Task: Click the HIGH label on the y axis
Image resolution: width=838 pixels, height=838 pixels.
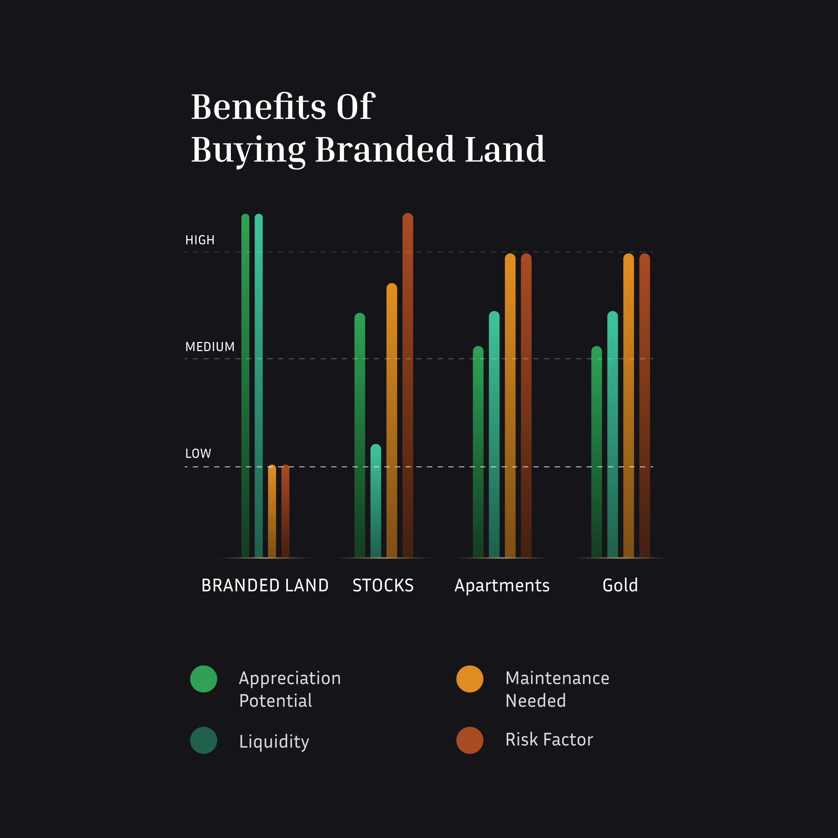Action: tap(199, 240)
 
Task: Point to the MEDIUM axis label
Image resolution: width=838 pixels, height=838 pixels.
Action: tap(210, 347)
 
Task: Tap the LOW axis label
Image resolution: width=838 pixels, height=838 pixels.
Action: tap(198, 453)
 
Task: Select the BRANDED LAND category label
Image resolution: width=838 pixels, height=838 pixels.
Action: tap(265, 585)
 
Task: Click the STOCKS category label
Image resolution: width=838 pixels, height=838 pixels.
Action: tap(383, 585)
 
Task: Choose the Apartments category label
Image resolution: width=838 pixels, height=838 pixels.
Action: tap(502, 585)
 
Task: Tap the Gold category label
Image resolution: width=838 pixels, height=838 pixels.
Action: tap(620, 585)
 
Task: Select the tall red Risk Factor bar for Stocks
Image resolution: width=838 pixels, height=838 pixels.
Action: tap(408, 386)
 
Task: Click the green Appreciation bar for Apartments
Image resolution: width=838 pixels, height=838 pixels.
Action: tap(478, 451)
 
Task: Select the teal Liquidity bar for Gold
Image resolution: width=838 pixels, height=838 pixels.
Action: tap(612, 434)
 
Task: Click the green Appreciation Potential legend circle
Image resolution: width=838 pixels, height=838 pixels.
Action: tap(203, 679)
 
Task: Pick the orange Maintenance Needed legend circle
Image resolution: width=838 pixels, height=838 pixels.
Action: tap(470, 679)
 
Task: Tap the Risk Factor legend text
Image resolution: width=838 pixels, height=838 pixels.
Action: tap(549, 740)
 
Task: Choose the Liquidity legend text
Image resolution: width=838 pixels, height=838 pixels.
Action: tap(274, 741)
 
